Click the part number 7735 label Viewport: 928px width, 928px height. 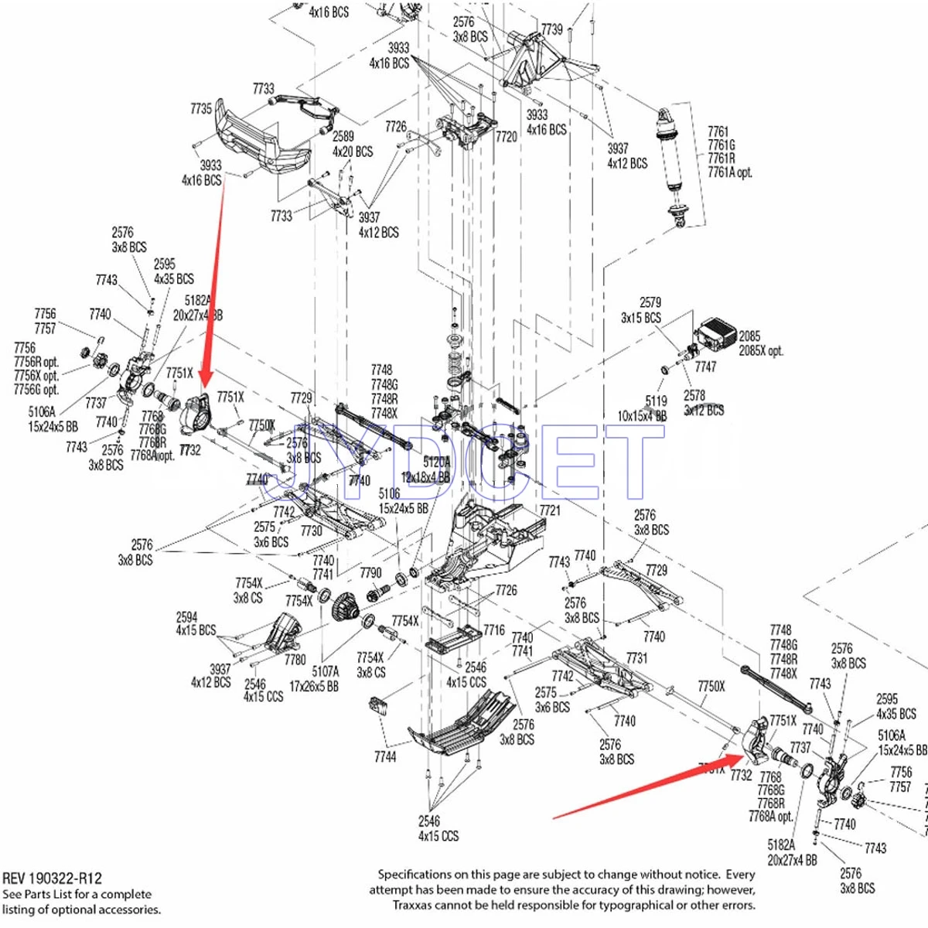[x=201, y=109]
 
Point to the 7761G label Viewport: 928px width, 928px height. [x=722, y=145]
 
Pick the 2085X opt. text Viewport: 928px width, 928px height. [x=761, y=350]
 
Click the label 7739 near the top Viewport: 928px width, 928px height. [x=551, y=29]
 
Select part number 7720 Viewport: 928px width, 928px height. [x=506, y=137]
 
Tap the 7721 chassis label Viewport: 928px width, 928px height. [x=550, y=510]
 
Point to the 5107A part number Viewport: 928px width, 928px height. [x=326, y=672]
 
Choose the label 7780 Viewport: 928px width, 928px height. [x=295, y=660]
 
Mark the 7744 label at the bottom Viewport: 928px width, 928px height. [x=385, y=757]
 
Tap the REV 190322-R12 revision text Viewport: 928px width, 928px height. [x=52, y=879]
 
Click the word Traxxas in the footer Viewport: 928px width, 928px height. [x=413, y=905]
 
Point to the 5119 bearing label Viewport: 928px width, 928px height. [x=656, y=401]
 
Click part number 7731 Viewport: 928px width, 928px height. [x=636, y=658]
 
